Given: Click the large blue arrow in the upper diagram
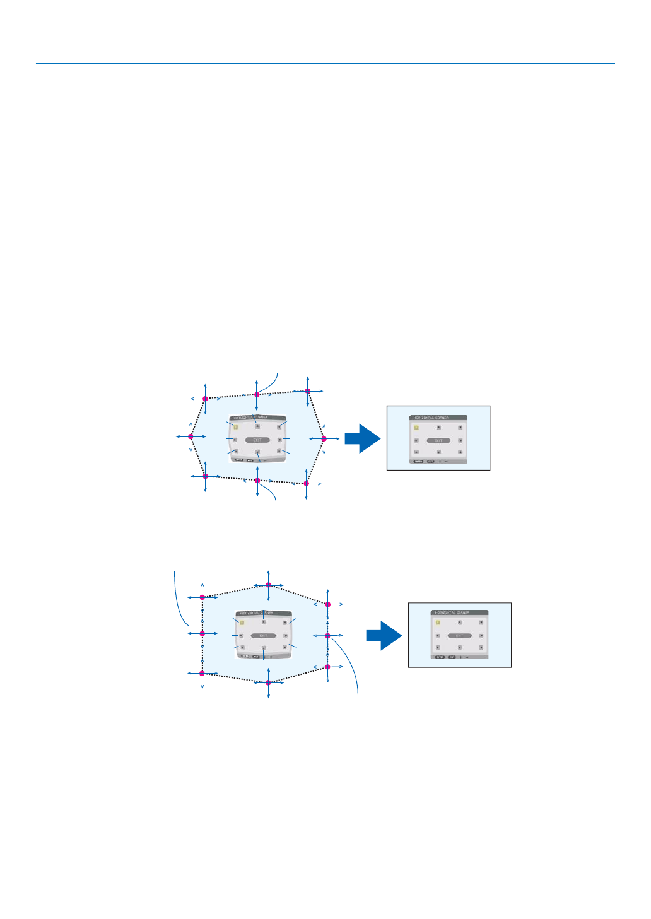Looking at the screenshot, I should (362, 438).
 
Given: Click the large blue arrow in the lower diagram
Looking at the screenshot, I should (384, 635).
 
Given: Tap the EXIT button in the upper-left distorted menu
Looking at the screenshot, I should (257, 440).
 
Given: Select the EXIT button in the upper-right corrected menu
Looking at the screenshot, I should (438, 440).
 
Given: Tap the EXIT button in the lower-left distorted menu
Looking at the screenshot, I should (263, 635).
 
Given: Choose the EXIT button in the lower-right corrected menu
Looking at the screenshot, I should (459, 635).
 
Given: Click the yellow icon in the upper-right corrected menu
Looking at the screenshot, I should (416, 427).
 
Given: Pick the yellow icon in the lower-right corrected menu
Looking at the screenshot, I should (437, 622).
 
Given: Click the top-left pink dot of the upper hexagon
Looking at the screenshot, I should (205, 399).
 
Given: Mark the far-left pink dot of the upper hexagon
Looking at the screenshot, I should (191, 436).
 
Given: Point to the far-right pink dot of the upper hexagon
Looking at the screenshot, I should (324, 438).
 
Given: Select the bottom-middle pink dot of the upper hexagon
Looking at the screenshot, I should (257, 481).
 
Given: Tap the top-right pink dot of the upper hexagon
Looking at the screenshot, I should (308, 391).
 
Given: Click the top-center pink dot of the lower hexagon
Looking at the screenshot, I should (268, 585).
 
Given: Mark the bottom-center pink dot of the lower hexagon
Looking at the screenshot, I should (268, 682).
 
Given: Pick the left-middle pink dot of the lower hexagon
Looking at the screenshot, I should (202, 633).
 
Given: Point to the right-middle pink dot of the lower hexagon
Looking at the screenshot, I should (327, 636).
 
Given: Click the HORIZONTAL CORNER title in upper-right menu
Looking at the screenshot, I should (431, 418).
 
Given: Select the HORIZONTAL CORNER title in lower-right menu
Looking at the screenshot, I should (452, 612).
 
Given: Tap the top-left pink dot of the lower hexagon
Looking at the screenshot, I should (202, 597).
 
